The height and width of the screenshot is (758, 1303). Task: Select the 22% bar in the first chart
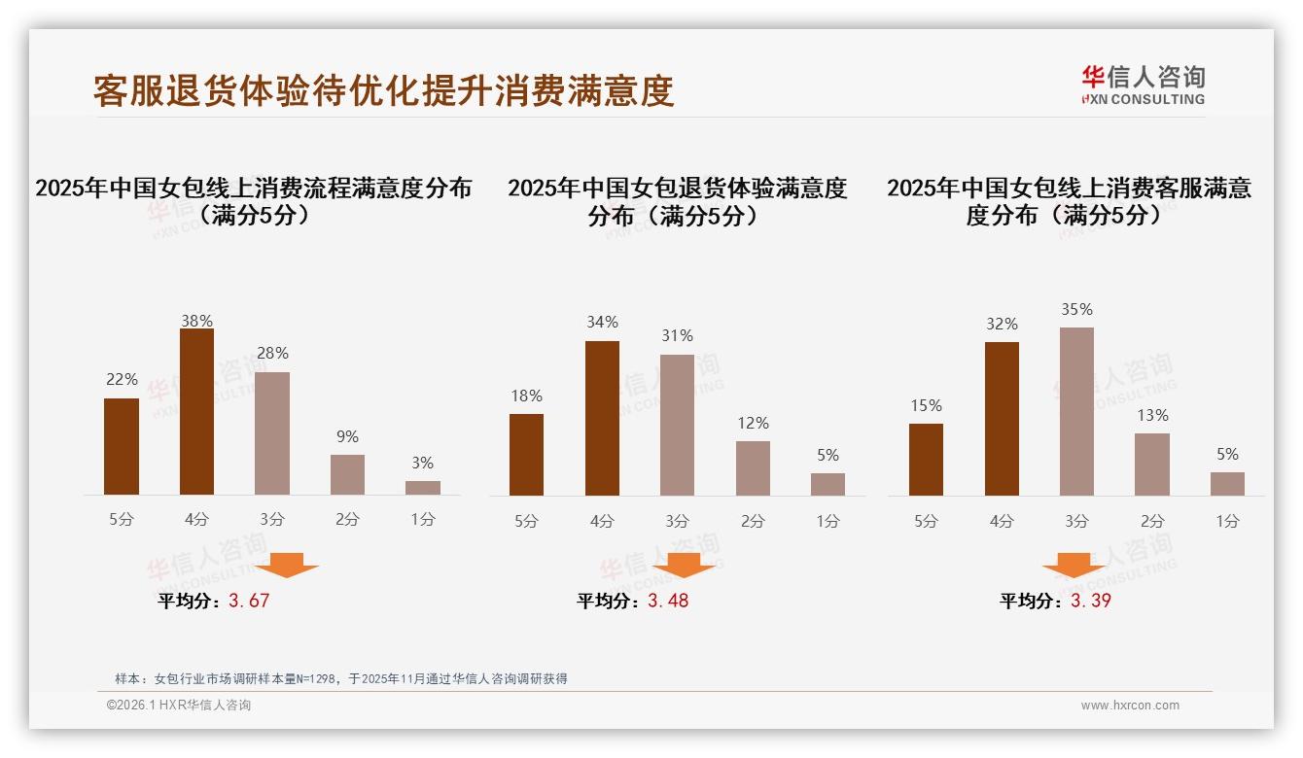pyautogui.click(x=122, y=446)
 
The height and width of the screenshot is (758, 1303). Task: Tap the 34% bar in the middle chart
pyautogui.click(x=602, y=418)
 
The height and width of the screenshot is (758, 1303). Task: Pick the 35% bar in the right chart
pyautogui.click(x=1076, y=411)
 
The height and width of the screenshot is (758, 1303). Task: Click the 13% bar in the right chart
pyautogui.click(x=1152, y=465)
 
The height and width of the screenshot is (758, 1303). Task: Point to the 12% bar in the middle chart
pyautogui.click(x=753, y=468)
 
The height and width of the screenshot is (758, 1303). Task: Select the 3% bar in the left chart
pyautogui.click(x=423, y=488)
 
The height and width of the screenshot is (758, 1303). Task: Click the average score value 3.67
pyautogui.click(x=249, y=601)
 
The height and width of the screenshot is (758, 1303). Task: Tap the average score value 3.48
pyautogui.click(x=668, y=601)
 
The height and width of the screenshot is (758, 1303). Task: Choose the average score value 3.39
pyautogui.click(x=1091, y=601)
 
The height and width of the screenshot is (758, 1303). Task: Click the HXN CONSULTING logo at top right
pyautogui.click(x=1143, y=85)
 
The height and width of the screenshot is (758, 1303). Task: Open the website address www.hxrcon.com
pyautogui.click(x=1130, y=706)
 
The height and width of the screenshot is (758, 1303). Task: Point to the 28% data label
pyautogui.click(x=272, y=354)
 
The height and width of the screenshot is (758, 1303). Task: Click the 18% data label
pyautogui.click(x=526, y=396)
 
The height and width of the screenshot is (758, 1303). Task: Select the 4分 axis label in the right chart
pyautogui.click(x=1002, y=521)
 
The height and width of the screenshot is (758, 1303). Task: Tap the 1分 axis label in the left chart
pyautogui.click(x=423, y=520)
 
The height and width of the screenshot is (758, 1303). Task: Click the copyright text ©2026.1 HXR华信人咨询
pyautogui.click(x=179, y=706)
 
